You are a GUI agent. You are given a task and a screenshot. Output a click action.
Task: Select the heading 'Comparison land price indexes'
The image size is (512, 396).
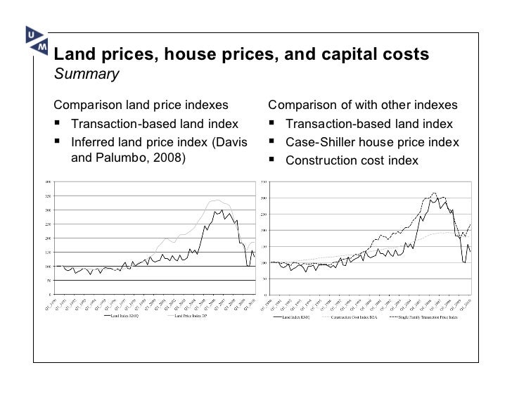point(141,106)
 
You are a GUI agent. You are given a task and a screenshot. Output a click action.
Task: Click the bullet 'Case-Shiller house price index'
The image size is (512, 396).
point(371,143)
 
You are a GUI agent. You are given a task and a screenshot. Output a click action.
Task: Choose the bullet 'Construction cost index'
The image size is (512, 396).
point(351,161)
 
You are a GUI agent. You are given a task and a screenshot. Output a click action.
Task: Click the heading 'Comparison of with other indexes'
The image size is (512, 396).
point(363,106)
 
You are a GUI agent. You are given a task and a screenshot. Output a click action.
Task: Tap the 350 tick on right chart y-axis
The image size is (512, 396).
point(264,181)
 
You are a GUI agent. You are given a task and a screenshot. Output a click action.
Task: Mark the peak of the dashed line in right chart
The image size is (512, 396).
point(433,193)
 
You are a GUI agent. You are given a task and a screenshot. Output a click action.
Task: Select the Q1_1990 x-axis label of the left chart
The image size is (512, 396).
point(49,303)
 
